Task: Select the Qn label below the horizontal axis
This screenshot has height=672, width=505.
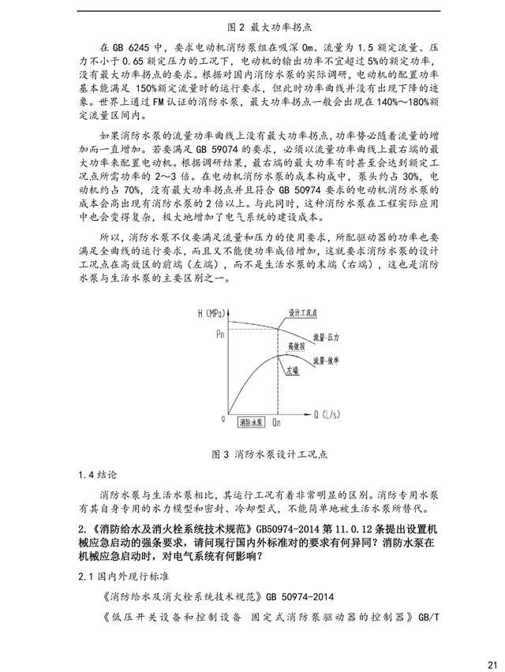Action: click(277, 424)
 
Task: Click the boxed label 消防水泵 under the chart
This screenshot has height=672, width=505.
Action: click(251, 423)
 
